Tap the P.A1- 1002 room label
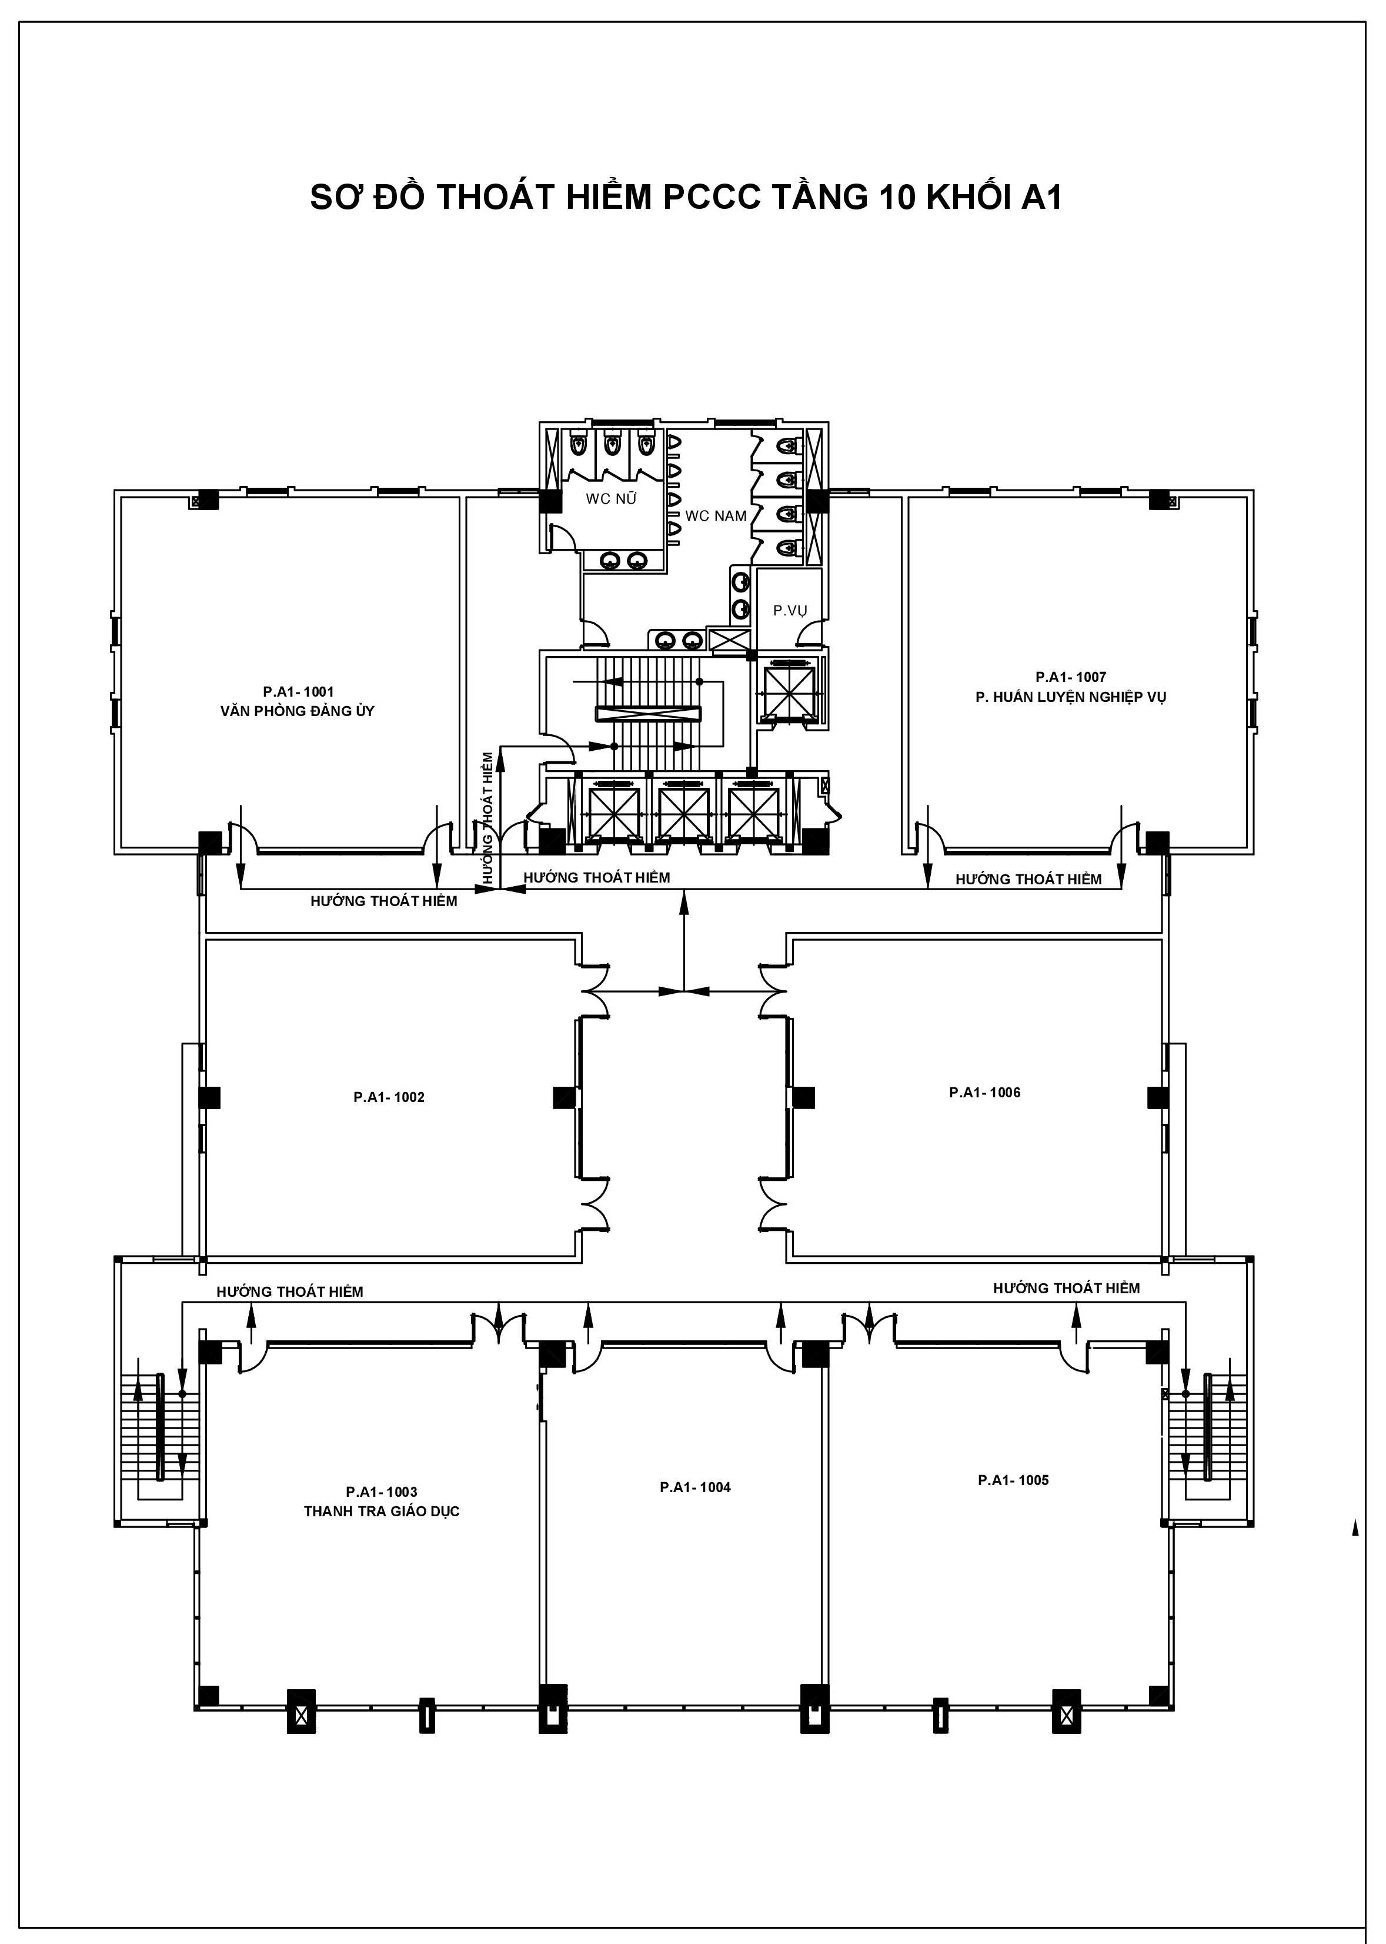[x=389, y=1097]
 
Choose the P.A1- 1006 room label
[x=985, y=1092]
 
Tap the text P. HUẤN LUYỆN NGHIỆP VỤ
[x=1071, y=697]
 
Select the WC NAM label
[x=716, y=515]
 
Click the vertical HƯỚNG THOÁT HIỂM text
[x=488, y=817]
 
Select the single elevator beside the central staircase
[x=789, y=690]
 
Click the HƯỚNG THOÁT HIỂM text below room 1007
[x=1028, y=878]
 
